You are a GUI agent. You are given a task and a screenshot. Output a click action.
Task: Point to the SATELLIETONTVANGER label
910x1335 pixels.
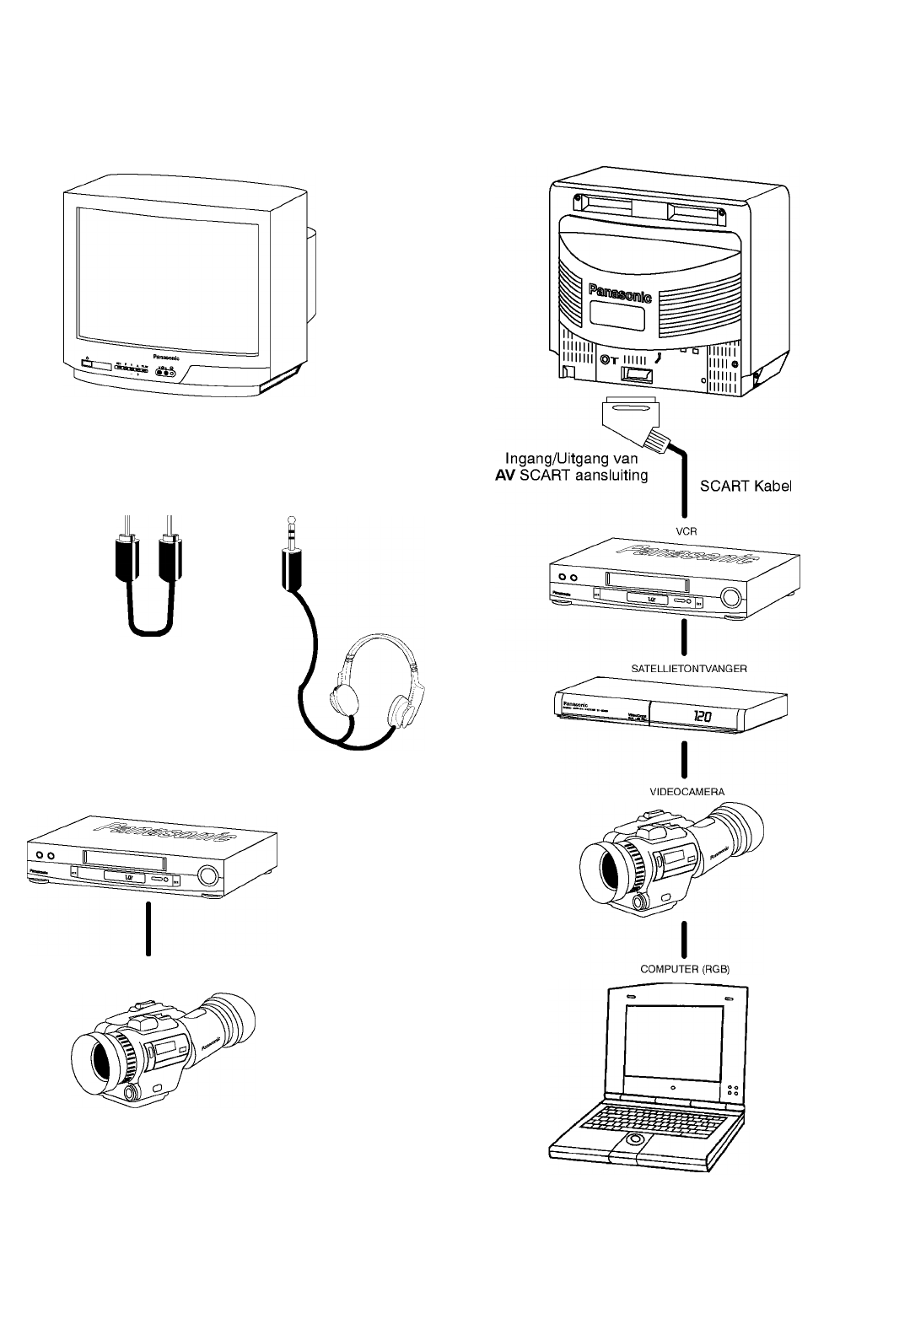tap(689, 667)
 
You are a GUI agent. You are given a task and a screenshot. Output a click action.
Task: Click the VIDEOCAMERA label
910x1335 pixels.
tap(687, 792)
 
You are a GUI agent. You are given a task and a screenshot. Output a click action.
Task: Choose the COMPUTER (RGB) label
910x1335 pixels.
tap(684, 970)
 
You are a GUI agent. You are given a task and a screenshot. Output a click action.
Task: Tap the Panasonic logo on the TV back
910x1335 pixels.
tap(619, 292)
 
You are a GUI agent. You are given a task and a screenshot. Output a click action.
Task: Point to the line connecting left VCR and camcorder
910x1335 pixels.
tap(148, 928)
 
